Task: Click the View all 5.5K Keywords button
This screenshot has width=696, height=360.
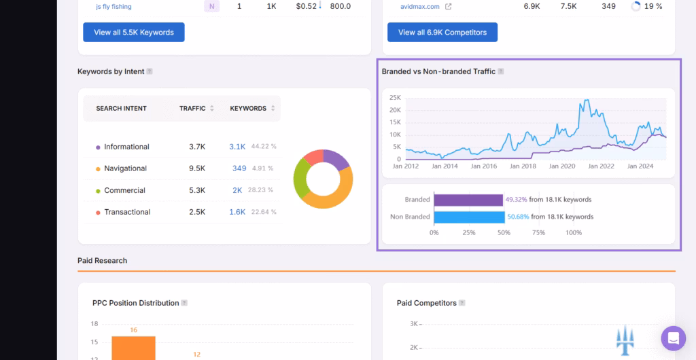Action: point(134,33)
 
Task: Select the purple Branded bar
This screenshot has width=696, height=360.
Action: point(468,200)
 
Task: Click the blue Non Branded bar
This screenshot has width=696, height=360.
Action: point(469,217)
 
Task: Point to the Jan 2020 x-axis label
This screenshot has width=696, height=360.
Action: point(562,166)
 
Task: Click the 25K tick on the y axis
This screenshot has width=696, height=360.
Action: point(395,98)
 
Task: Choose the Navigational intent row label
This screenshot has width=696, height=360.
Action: point(125,168)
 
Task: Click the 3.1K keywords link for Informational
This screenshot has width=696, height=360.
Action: point(237,147)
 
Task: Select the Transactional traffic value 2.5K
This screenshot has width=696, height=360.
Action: point(197,212)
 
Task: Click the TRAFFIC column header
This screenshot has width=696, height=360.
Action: point(192,109)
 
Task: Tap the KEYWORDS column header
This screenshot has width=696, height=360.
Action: point(248,109)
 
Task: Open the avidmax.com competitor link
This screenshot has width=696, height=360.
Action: point(420,7)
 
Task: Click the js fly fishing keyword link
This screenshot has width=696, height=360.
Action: point(114,7)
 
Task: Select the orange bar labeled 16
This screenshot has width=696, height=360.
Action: point(133,347)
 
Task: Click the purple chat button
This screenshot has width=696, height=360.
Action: point(673,338)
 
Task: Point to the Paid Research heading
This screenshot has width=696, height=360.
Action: point(102,261)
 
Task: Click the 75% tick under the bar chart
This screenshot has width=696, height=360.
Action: point(538,233)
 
